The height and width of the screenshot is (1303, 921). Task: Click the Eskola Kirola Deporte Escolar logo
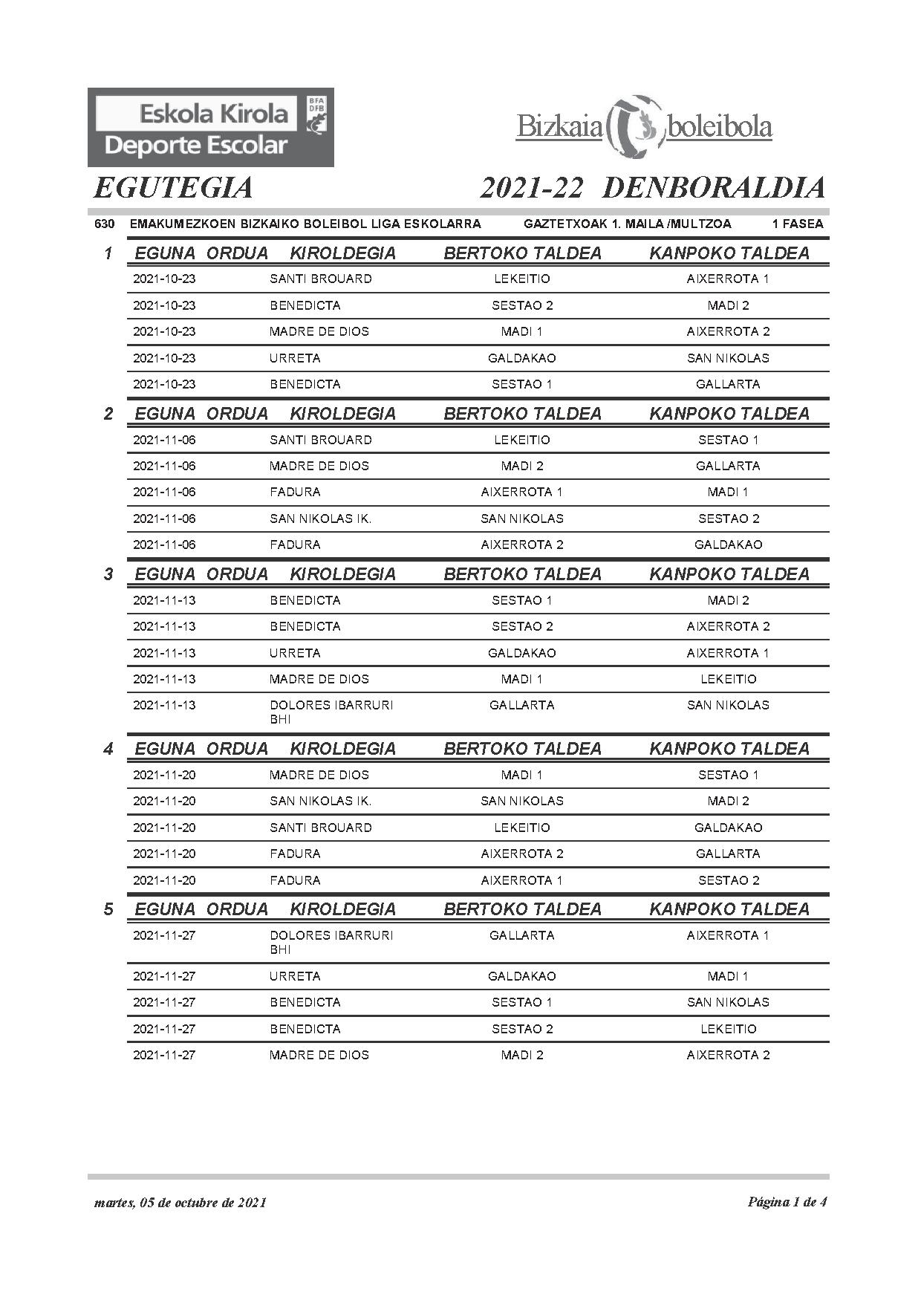click(x=210, y=128)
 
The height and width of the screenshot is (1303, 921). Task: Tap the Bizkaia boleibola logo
click(x=644, y=126)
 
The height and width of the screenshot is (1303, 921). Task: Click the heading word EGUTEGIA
click(x=173, y=188)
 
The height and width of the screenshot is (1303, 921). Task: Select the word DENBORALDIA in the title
click(x=713, y=188)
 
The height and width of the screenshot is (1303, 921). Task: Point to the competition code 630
click(x=104, y=224)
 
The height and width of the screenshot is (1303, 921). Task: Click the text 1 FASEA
click(x=798, y=224)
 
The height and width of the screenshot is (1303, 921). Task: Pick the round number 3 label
click(x=108, y=574)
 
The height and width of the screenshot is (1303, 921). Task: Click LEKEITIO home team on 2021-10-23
click(x=521, y=279)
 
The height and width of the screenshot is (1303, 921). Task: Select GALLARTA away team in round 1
click(x=728, y=384)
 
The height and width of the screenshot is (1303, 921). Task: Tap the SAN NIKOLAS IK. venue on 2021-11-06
click(x=320, y=519)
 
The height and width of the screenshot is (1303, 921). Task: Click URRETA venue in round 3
click(x=295, y=653)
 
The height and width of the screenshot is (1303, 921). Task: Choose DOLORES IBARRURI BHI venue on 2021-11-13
click(x=331, y=712)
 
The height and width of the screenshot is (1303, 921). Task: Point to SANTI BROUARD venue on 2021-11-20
click(x=320, y=828)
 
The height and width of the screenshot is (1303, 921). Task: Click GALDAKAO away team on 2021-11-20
click(x=728, y=828)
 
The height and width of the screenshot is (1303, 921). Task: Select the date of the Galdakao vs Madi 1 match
click(x=164, y=976)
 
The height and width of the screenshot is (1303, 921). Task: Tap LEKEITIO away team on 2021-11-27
click(x=728, y=1029)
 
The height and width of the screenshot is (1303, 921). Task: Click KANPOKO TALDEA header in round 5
click(x=729, y=909)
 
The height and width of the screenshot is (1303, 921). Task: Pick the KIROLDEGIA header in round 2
click(x=342, y=414)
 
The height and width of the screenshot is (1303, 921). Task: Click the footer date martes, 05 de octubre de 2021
click(x=180, y=1203)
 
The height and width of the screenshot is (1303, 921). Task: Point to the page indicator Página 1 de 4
click(x=787, y=1202)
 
